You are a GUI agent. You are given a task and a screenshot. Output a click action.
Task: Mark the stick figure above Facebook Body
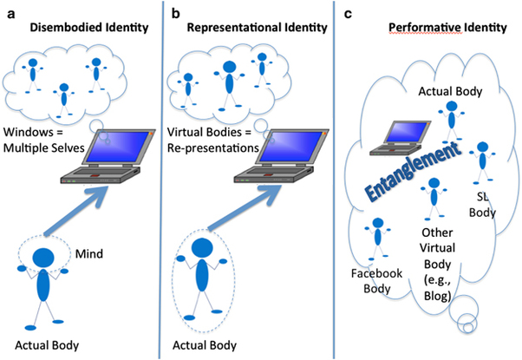pyautogui.click(x=375, y=239)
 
